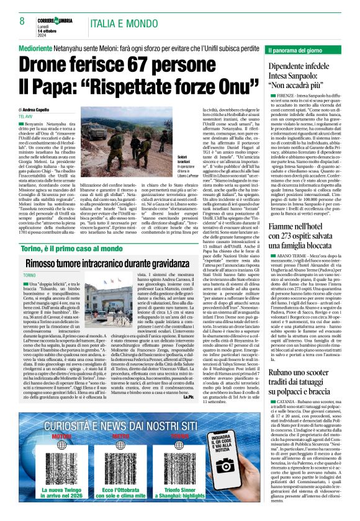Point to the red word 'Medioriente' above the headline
point(36,47)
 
